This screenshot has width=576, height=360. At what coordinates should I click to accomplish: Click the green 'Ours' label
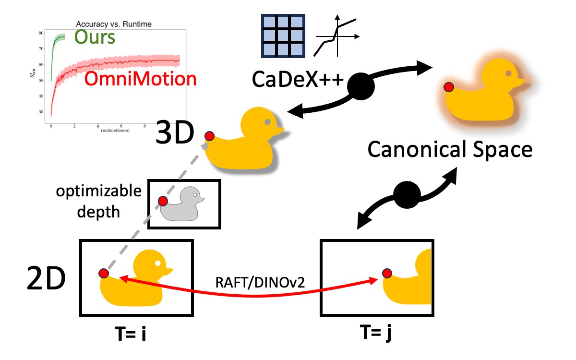[95, 36]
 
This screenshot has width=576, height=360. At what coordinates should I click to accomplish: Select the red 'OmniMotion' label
[140, 79]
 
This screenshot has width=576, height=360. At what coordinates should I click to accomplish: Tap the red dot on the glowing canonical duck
[449, 87]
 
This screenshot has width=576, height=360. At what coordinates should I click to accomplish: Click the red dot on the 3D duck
[209, 136]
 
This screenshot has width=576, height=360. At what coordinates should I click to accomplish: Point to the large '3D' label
[174, 137]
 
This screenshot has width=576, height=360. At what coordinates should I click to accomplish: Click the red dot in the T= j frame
[387, 274]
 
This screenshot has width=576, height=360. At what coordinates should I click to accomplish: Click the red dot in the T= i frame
[103, 273]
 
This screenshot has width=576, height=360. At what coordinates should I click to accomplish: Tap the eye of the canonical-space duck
[508, 73]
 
